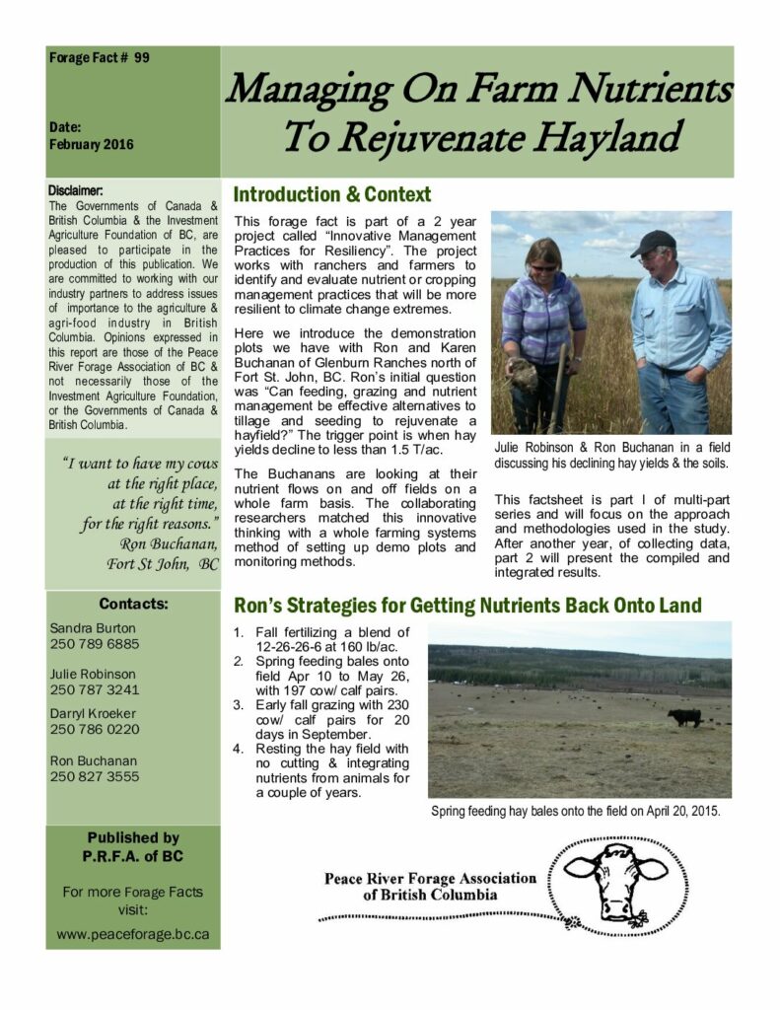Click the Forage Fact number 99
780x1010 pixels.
tap(142, 58)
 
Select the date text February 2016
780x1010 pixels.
tap(92, 144)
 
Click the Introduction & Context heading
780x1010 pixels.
tap(332, 194)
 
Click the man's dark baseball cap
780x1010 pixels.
tap(653, 242)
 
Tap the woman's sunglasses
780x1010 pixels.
tap(543, 266)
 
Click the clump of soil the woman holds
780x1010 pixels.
tap(524, 374)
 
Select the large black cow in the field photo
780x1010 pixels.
tap(683, 717)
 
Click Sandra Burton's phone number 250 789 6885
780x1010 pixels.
tap(95, 644)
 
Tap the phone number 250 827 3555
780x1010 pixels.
tap(95, 776)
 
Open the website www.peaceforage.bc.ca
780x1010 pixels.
tap(132, 934)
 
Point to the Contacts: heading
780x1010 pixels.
tap(133, 604)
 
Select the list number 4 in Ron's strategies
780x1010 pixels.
tap(238, 748)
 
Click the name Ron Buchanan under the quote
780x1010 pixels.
tap(169, 543)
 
